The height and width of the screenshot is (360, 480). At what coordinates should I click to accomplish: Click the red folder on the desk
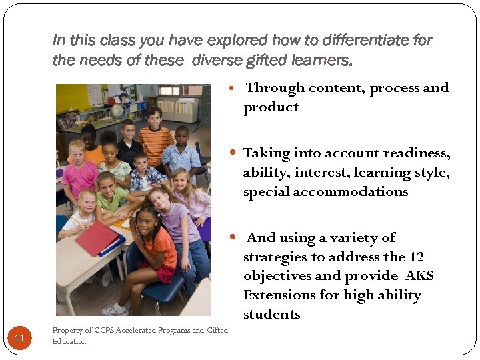click(x=97, y=238)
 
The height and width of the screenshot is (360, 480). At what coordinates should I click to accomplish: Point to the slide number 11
click(x=19, y=338)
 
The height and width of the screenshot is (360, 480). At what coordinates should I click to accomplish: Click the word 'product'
click(x=271, y=107)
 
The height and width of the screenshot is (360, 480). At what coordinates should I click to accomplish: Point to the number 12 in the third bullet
click(x=416, y=257)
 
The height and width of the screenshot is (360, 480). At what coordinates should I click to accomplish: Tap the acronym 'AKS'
click(x=419, y=276)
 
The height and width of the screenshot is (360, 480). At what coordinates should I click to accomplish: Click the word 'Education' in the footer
click(x=69, y=341)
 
